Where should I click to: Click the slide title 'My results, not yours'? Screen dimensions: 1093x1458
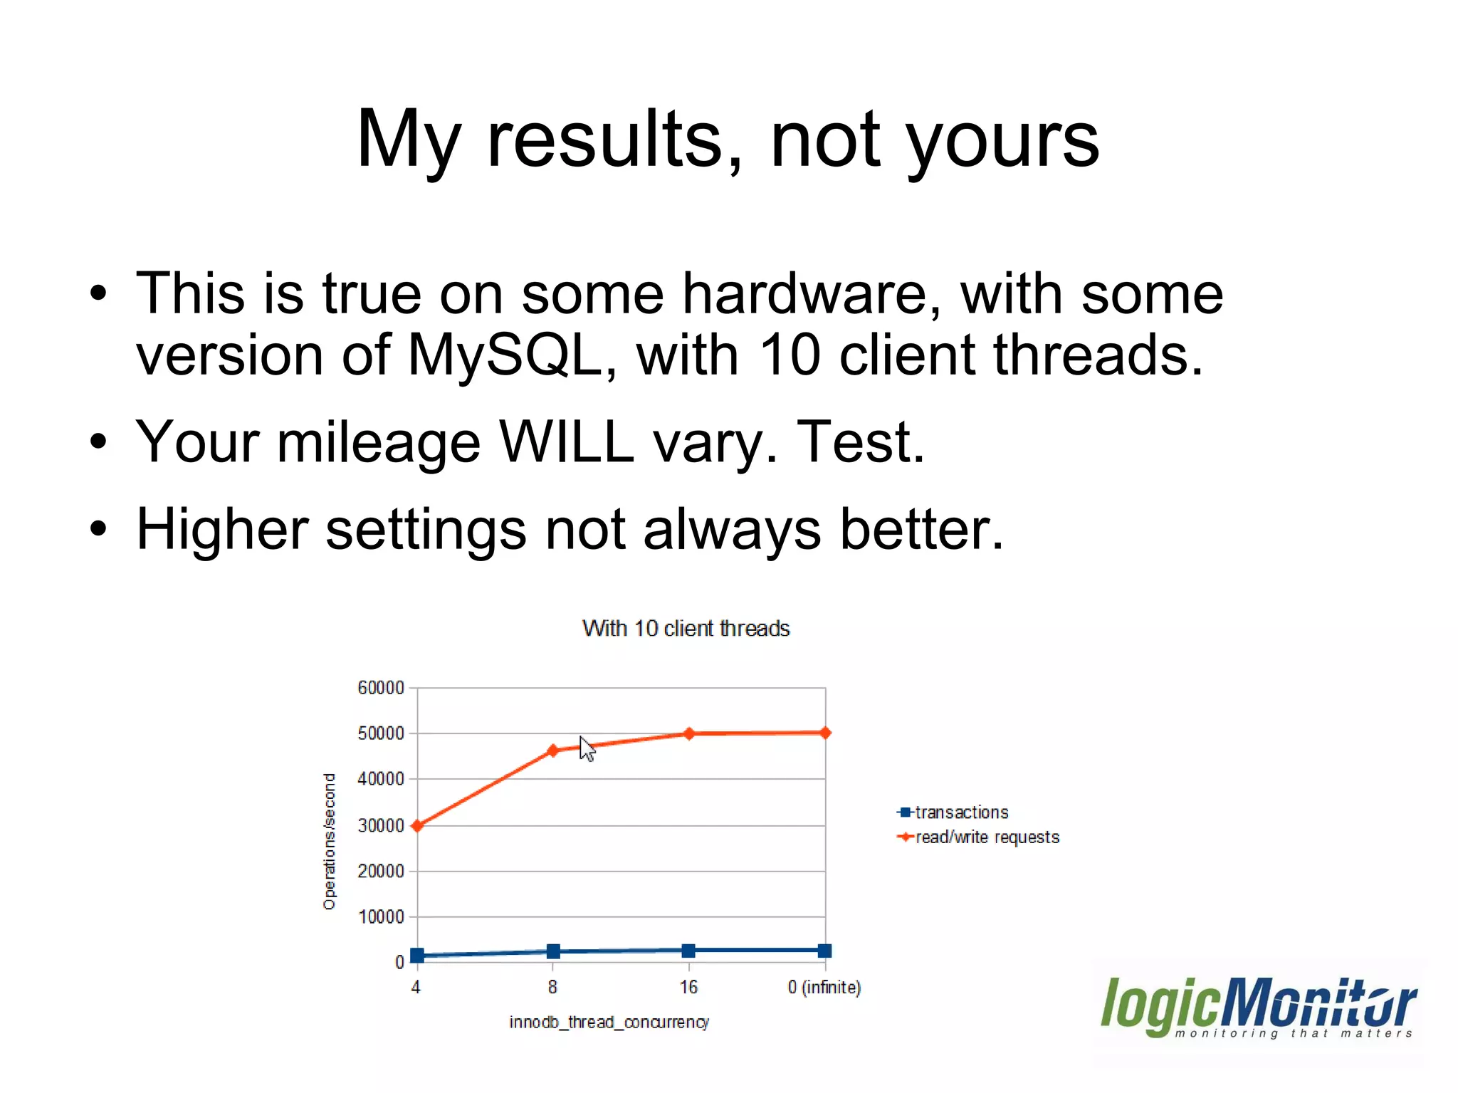(x=728, y=139)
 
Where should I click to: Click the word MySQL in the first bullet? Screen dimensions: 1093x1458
(x=505, y=355)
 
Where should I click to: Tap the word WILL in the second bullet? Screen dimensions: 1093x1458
(x=566, y=442)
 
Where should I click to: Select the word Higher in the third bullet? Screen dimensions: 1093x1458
(x=221, y=530)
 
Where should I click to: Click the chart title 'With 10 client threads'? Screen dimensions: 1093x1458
(x=686, y=629)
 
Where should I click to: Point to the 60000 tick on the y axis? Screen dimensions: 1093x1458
(x=380, y=688)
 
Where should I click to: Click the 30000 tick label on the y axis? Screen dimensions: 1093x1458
(x=380, y=825)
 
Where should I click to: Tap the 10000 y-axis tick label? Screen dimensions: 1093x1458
(x=380, y=917)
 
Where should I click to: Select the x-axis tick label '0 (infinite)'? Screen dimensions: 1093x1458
(x=824, y=988)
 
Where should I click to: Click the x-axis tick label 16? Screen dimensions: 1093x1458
(x=688, y=988)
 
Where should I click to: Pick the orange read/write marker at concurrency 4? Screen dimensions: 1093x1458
(x=417, y=826)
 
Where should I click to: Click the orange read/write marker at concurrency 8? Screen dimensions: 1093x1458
(x=553, y=751)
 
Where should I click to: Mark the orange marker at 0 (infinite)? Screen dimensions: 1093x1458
(x=825, y=733)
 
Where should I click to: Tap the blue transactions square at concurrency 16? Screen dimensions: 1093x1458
(x=688, y=951)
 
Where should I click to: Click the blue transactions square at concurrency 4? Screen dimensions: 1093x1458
(x=417, y=956)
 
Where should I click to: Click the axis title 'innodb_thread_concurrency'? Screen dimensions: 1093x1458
(x=609, y=1023)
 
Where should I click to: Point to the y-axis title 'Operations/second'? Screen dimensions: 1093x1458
(x=329, y=841)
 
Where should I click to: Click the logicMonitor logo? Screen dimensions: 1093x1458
(x=1258, y=1008)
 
